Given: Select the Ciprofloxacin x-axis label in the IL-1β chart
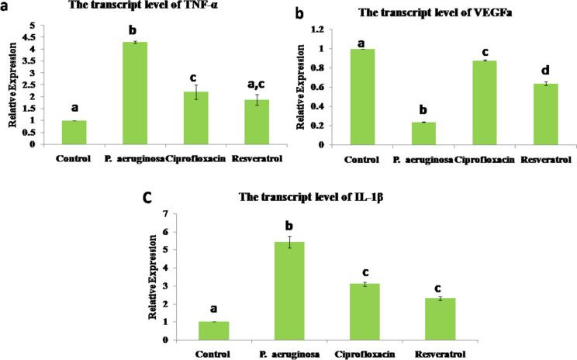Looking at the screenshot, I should pos(364,351).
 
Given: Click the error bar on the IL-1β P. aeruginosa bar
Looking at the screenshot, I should pos(288,242).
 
